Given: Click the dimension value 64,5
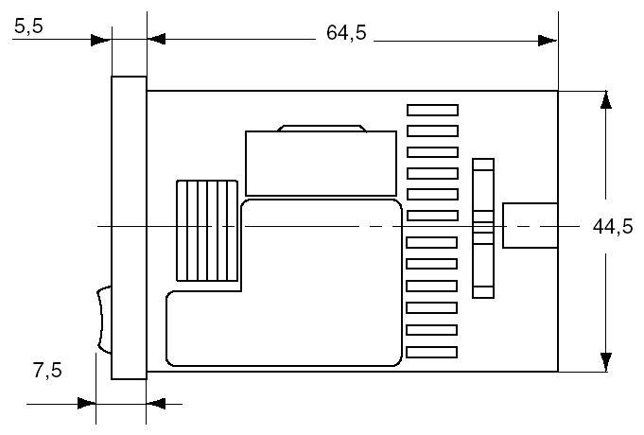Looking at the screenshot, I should coord(346,33).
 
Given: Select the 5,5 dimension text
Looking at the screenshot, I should coord(29,27).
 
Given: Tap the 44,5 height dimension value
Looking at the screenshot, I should coord(612,228).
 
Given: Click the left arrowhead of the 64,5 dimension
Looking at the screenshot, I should coord(157,40).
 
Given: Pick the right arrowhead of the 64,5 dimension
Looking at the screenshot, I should coord(548,40).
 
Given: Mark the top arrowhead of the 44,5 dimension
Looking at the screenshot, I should coord(602,101).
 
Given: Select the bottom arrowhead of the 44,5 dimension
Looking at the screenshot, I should coord(602,362).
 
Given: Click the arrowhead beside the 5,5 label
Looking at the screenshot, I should coord(101,40).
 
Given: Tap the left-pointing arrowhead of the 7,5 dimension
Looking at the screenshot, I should coord(157,403).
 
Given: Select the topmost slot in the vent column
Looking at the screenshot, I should coord(432,111).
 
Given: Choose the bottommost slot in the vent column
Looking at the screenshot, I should coord(432,352).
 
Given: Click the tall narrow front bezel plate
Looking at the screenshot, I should coord(129,227).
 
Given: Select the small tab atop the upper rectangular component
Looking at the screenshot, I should coord(322,128).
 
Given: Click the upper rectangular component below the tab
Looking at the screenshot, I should coord(320,163).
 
